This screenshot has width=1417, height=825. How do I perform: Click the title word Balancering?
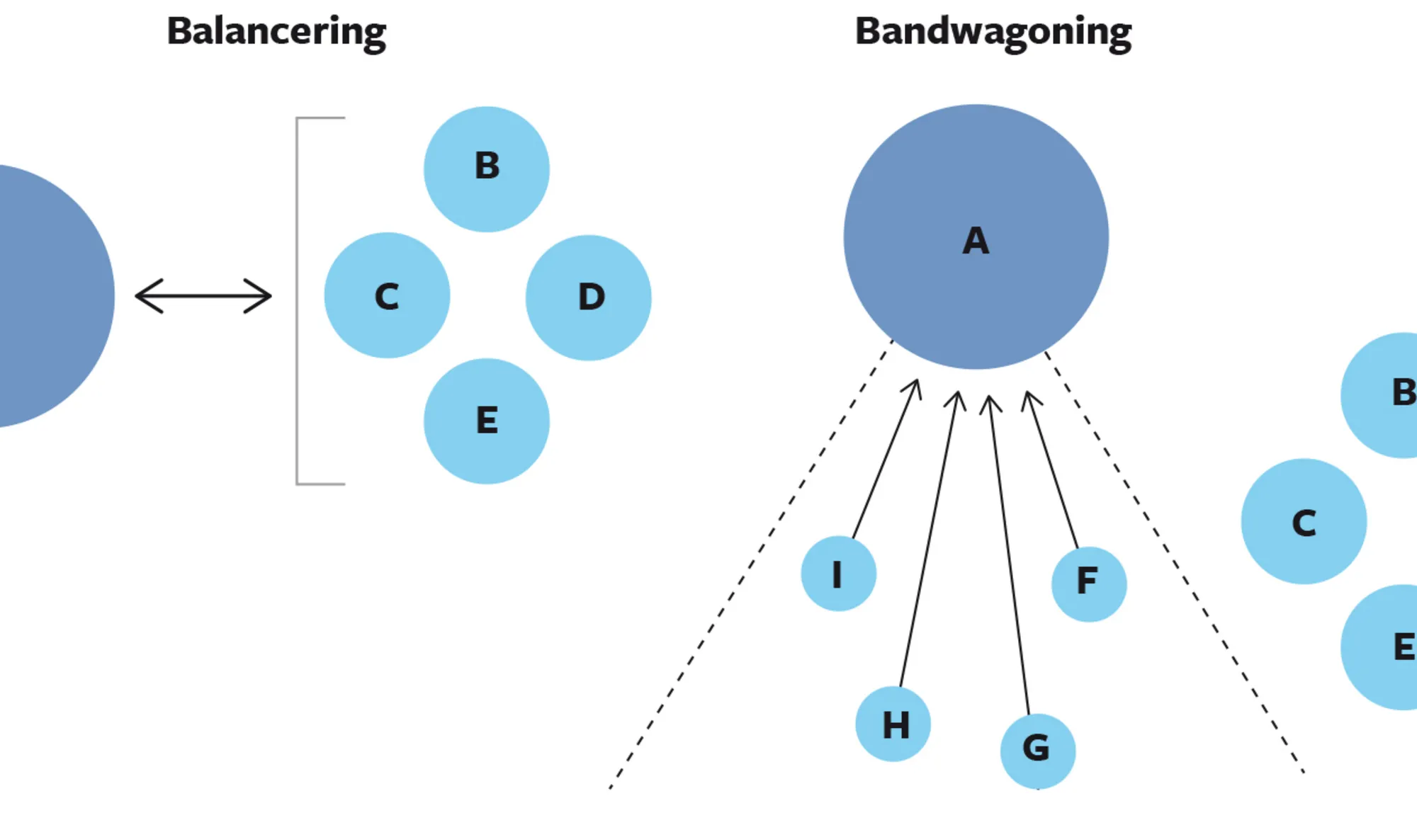coord(276,33)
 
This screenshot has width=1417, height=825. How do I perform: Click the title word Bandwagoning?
coord(993,33)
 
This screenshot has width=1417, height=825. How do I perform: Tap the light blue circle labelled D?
coord(589,297)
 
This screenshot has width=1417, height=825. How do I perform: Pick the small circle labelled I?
coord(839,574)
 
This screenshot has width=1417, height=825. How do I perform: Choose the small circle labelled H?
coord(893,724)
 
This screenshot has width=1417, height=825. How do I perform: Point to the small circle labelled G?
coord(1038,751)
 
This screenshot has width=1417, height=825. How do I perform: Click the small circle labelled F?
coord(1089,584)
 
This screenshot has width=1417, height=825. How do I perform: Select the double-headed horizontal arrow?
coord(203,296)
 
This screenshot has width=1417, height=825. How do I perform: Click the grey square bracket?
coord(298,301)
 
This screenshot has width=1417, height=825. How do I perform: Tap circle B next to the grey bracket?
coord(487,169)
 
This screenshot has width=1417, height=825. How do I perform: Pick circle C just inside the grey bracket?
coord(387,295)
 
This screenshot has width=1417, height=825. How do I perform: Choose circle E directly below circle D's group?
coord(487,421)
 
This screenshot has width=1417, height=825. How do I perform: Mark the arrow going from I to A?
coord(886,460)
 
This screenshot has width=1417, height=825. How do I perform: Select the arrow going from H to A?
coord(928,538)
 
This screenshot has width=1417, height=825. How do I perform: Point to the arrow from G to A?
coord(1010,552)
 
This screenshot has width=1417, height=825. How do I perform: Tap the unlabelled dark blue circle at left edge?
coord(50,296)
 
